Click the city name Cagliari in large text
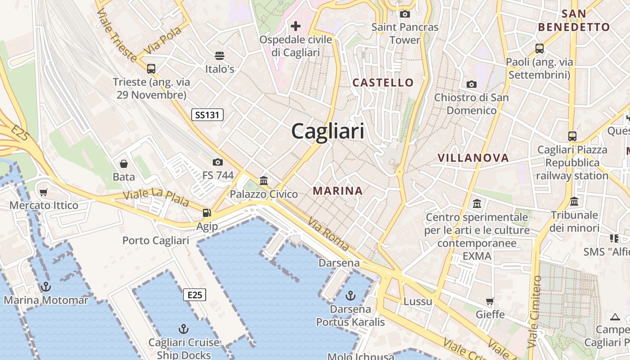pyautogui.click(x=328, y=131)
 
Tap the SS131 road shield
pyautogui.click(x=207, y=115)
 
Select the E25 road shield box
pyautogui.click(x=194, y=295)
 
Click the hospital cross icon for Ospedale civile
pyautogui.click(x=296, y=26)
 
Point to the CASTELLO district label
pyautogui.click(x=383, y=82)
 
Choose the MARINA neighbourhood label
pyautogui.click(x=337, y=191)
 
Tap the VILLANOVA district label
pyautogui.click(x=473, y=158)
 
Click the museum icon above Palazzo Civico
pyautogui.click(x=264, y=180)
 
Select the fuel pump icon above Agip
pyautogui.click(x=207, y=212)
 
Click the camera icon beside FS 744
pyautogui.click(x=218, y=162)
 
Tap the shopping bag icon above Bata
pyautogui.click(x=124, y=163)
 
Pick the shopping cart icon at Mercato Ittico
pyautogui.click(x=44, y=192)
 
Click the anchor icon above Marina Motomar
pyautogui.click(x=46, y=286)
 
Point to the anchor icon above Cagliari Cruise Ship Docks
pyautogui.click(x=184, y=328)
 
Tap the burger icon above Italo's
pyautogui.click(x=220, y=55)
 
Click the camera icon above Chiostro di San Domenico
pyautogui.click(x=472, y=84)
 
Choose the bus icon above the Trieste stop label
pyautogui.click(x=151, y=68)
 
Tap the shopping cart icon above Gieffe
pyautogui.click(x=490, y=301)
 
